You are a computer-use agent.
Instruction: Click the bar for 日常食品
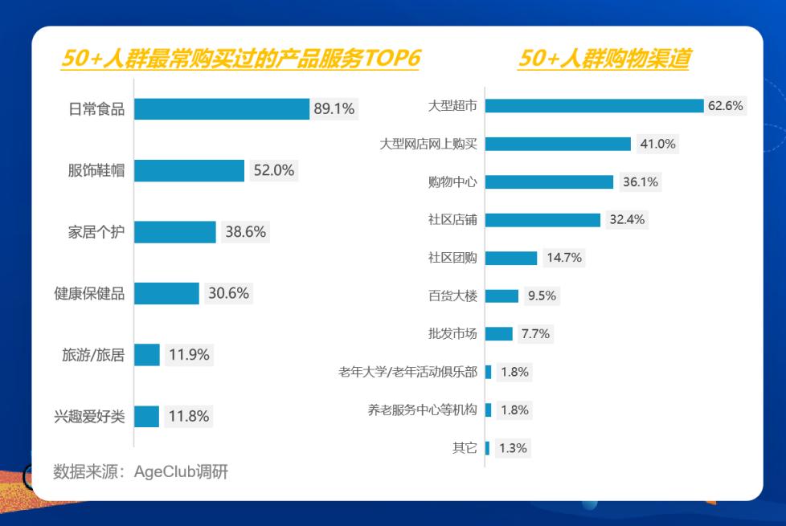[x=222, y=108]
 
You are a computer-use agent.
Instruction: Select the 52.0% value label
[x=274, y=170]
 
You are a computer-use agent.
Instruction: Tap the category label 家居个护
[x=96, y=232]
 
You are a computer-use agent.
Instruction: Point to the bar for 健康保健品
[x=166, y=294]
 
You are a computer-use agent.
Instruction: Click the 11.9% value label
[x=189, y=355]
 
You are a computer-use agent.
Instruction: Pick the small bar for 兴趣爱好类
[x=146, y=416]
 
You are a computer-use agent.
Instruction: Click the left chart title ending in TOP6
[x=240, y=58]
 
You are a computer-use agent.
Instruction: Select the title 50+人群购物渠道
[x=604, y=58]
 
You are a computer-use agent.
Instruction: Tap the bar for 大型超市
[x=595, y=106]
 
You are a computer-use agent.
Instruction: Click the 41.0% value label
[x=657, y=144]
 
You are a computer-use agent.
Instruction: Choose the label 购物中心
[x=452, y=181]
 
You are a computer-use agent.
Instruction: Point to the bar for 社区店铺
[x=542, y=220]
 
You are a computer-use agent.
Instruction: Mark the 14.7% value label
[x=564, y=258]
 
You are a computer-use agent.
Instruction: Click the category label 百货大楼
[x=452, y=296]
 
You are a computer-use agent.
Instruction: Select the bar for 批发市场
[x=499, y=333]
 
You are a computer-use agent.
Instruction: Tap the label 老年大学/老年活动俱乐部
[x=407, y=372]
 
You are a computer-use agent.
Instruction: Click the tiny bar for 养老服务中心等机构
[x=489, y=410]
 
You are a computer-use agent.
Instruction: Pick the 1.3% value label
[x=513, y=448]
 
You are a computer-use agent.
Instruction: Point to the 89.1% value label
[x=334, y=108]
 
